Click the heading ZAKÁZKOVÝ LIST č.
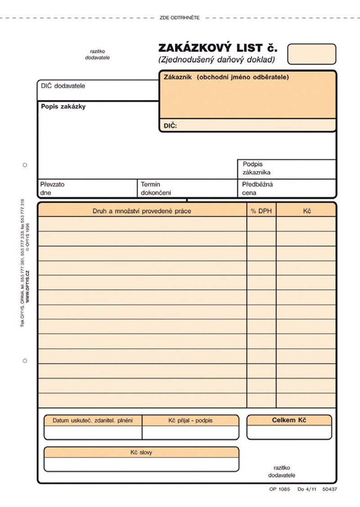click(x=218, y=48)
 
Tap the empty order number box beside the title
click(x=311, y=54)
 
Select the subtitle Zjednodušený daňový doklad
click(x=216, y=59)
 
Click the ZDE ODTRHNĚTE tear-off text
click(x=180, y=18)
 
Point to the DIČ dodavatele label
click(x=63, y=85)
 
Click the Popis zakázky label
click(x=63, y=107)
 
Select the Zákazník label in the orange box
click(x=178, y=77)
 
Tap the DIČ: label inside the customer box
click(x=170, y=126)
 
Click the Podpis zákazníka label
click(x=256, y=168)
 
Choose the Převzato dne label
click(x=52, y=188)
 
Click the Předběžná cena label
click(x=257, y=188)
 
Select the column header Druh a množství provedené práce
click(x=142, y=211)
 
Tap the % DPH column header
click(x=261, y=211)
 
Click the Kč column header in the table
click(x=307, y=211)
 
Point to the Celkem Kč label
click(x=289, y=420)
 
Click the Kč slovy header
click(x=141, y=452)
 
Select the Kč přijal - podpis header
click(x=190, y=420)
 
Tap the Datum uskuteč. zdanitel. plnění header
click(x=93, y=420)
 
